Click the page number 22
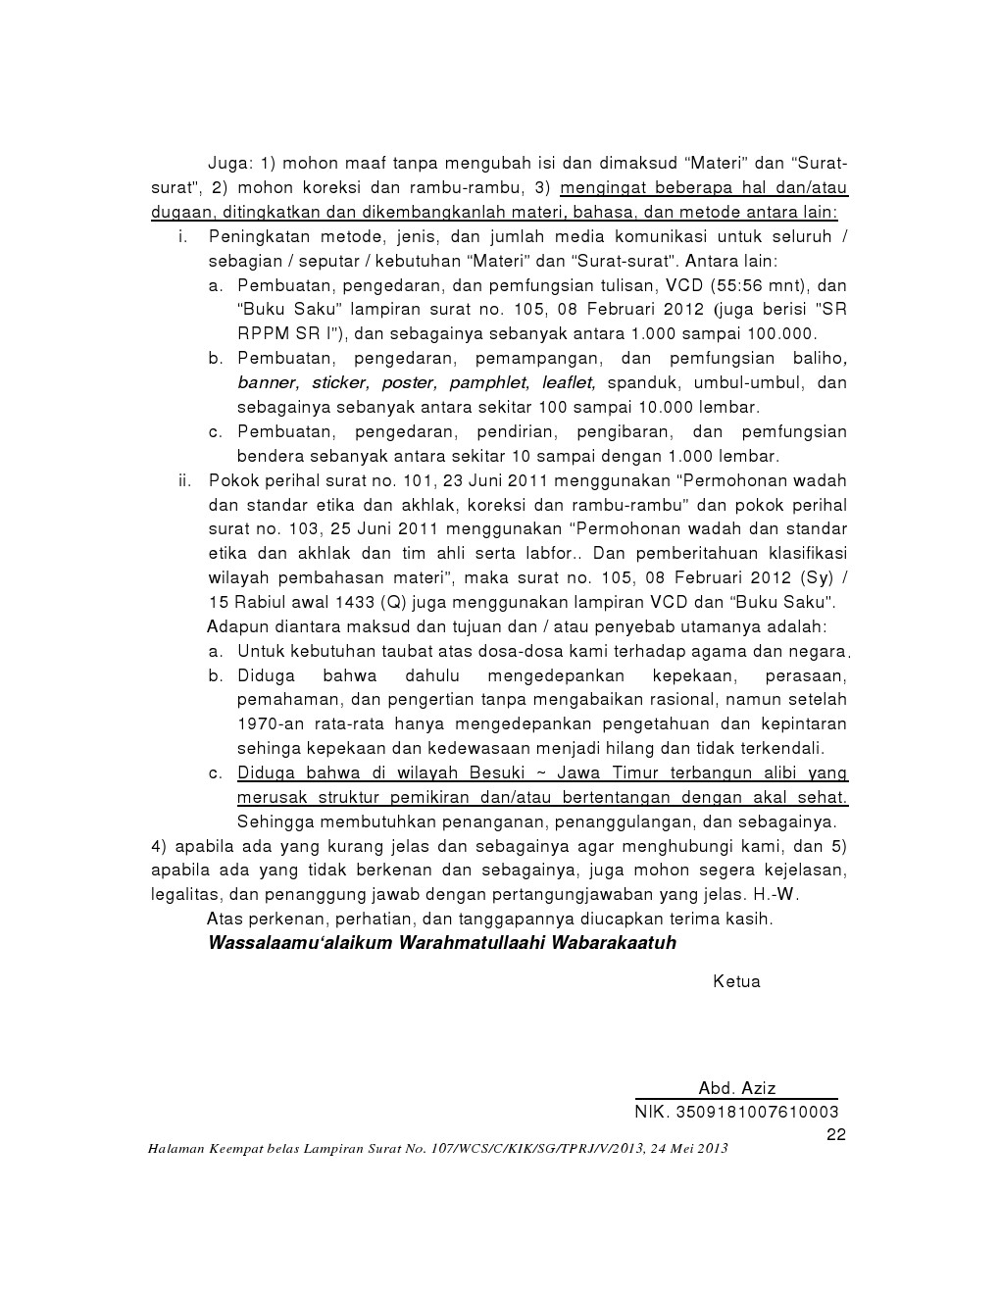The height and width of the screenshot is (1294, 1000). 836,1134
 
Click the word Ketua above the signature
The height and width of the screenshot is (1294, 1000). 736,981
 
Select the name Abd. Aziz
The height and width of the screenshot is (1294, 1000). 737,1088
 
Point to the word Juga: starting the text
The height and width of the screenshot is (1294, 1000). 230,163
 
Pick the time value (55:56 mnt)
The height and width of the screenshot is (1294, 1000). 753,285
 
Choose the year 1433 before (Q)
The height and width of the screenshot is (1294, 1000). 357,602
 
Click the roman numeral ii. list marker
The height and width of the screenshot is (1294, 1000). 183,480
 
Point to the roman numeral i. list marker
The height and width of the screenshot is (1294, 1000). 183,236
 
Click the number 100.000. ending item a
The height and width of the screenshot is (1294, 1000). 781,334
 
